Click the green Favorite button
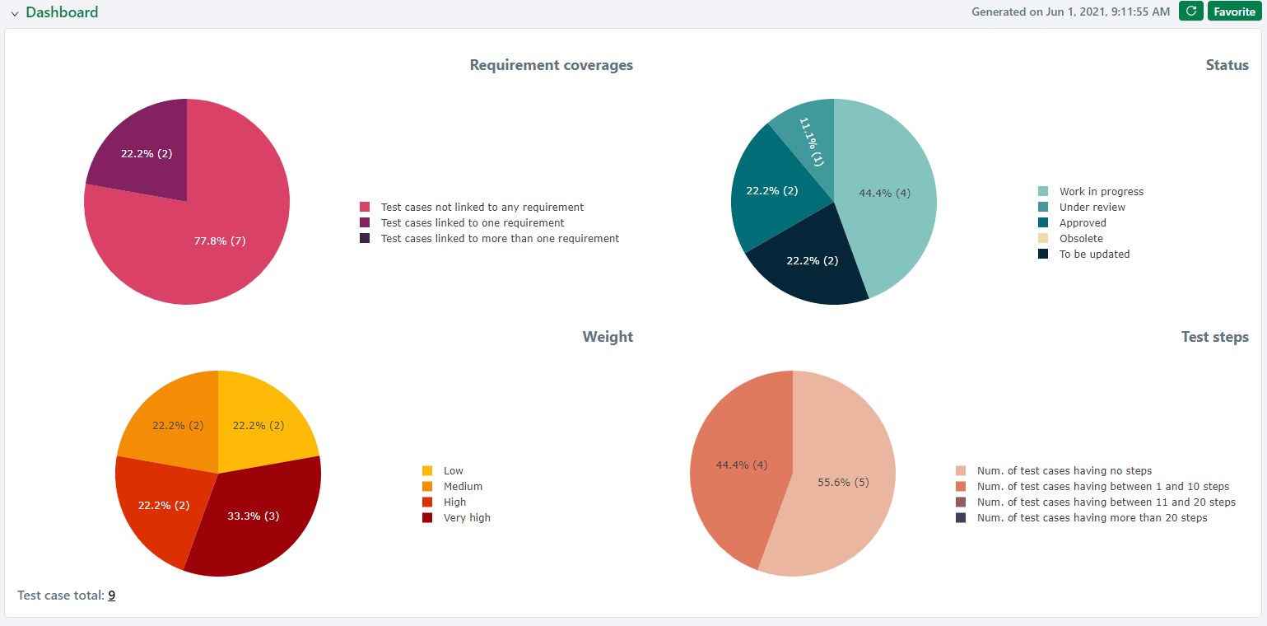click(x=1234, y=12)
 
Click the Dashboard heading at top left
click(x=62, y=12)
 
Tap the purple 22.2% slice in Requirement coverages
click(x=144, y=152)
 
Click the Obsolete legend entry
click(x=1081, y=239)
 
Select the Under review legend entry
click(x=1092, y=208)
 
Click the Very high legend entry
click(x=466, y=518)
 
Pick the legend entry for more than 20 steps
click(x=1091, y=518)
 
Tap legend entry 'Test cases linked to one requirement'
click(x=472, y=223)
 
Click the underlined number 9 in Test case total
click(x=111, y=596)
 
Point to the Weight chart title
click(x=608, y=337)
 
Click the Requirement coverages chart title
click(x=551, y=65)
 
